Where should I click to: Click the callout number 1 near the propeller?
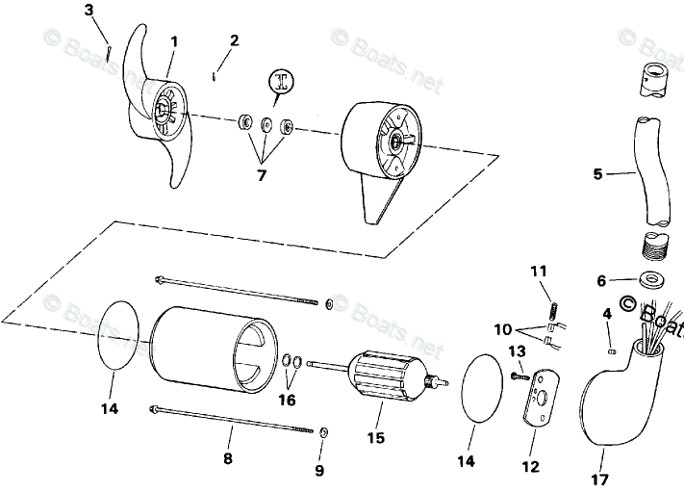(174, 41)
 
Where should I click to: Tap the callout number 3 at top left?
(89, 11)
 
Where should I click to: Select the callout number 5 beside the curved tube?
(597, 174)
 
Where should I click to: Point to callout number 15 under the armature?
(376, 438)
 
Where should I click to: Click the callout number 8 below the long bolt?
(228, 459)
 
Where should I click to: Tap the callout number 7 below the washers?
(260, 175)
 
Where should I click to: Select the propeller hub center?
(166, 113)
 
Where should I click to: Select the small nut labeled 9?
(323, 430)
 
